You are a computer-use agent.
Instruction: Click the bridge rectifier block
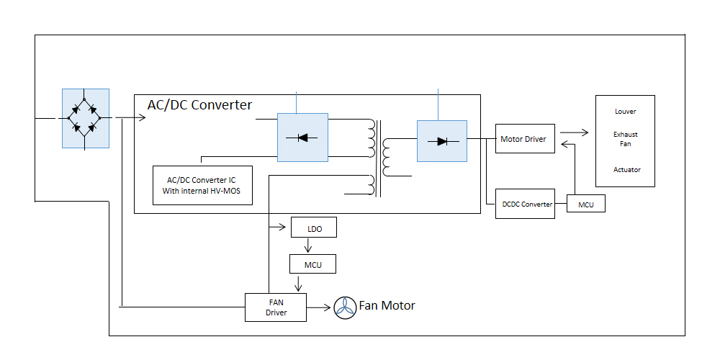[x=85, y=118]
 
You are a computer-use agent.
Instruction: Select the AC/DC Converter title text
[x=199, y=105]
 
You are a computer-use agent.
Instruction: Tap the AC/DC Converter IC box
[x=202, y=185]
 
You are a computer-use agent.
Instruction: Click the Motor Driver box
[x=526, y=138]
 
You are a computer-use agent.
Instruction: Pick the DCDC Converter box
[x=526, y=204]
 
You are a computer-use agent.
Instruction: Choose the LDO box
[x=313, y=228]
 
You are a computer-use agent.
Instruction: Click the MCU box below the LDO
[x=313, y=265]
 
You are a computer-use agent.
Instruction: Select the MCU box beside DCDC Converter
[x=586, y=204]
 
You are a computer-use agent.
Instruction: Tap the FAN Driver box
[x=276, y=307]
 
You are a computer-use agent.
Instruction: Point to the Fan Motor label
[x=387, y=305]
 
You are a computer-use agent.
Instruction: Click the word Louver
[x=625, y=112]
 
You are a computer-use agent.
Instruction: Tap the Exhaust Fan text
[x=625, y=140]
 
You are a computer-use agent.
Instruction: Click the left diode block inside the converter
[x=302, y=136]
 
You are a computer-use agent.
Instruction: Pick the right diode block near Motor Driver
[x=441, y=140]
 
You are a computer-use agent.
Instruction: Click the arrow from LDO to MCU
[x=308, y=246]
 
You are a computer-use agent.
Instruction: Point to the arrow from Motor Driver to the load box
[x=573, y=132]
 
